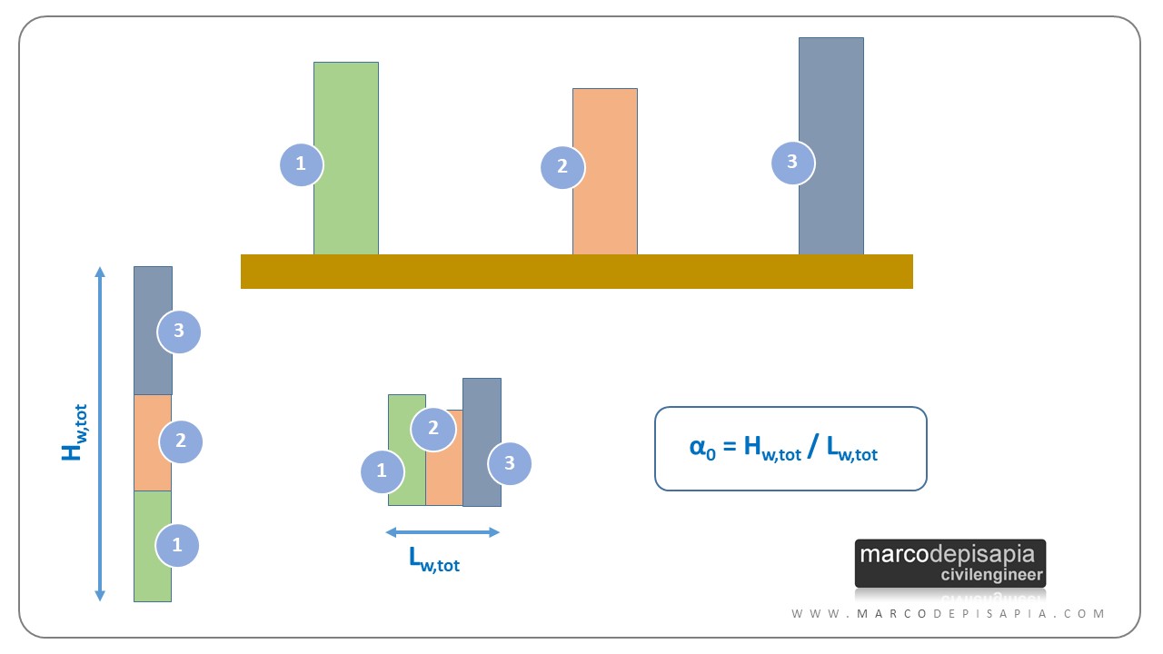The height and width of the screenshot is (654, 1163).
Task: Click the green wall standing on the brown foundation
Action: coord(346,158)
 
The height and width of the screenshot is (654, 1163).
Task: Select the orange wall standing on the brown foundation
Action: coord(605,172)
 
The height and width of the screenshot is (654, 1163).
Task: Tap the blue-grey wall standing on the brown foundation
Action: coord(831,146)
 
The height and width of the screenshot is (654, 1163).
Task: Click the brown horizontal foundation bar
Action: coord(577,272)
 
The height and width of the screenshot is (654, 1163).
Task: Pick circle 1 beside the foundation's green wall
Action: coord(301,164)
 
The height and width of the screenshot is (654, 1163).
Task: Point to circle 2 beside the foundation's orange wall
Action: coord(562,167)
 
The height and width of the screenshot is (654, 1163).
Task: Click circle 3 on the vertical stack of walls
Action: coord(179,332)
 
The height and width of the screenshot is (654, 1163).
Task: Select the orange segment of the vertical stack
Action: coord(153,442)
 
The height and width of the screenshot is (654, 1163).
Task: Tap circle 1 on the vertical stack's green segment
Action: coord(177,545)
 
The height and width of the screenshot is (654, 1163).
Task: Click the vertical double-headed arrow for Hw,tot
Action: coord(100,434)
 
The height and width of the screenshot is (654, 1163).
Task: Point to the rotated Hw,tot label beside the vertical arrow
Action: coord(74,433)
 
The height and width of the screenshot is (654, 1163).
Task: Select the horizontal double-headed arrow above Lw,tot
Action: coord(442,532)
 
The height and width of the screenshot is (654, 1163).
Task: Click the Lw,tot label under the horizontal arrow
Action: coord(434,560)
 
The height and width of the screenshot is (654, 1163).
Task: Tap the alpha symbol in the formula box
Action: coord(697,445)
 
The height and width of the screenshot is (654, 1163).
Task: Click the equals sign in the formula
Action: coord(730,446)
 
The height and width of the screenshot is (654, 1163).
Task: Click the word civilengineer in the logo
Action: coord(991,575)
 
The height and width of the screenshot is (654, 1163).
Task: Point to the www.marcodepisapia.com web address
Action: coord(948,614)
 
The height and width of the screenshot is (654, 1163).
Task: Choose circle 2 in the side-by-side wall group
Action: coord(433,429)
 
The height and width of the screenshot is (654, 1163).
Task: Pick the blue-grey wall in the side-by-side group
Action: coord(482,442)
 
